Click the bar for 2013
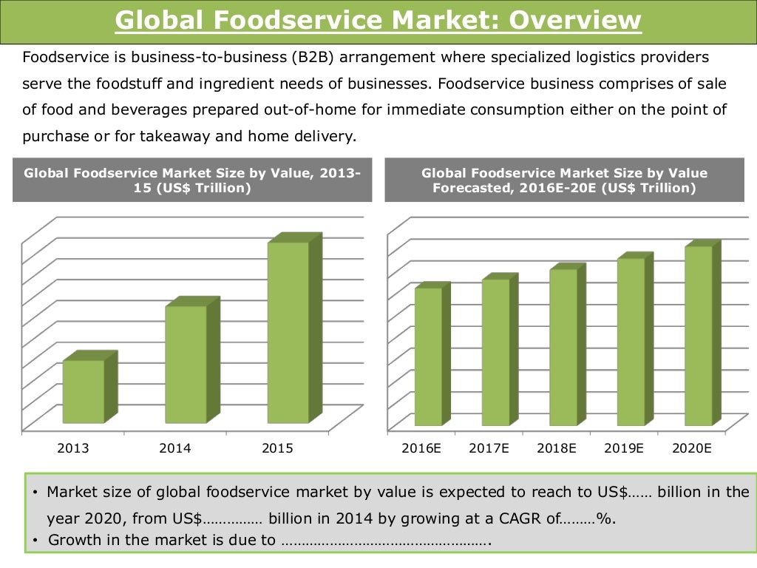click(84, 391)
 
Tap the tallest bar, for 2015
click(288, 332)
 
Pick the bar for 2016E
click(428, 356)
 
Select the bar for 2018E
click(563, 347)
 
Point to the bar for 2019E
click(631, 342)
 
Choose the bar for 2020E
click(698, 336)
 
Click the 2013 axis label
click(72, 448)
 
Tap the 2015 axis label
click(277, 448)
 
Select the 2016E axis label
click(421, 448)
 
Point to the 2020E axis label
click(691, 448)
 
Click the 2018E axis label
click(556, 448)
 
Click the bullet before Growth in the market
click(35, 541)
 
